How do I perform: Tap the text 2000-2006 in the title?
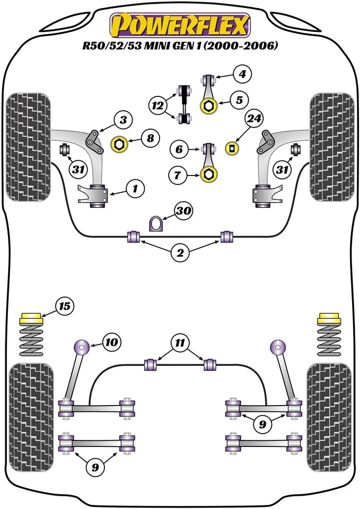pyautogui.click(x=250, y=46)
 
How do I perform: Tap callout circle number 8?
pyautogui.click(x=151, y=139)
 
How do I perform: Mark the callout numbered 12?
pyautogui.click(x=157, y=106)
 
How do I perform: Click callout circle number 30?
pyautogui.click(x=183, y=211)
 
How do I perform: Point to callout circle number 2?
pyautogui.click(x=180, y=253)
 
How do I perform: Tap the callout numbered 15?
pyautogui.click(x=65, y=306)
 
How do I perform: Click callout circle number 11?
pyautogui.click(x=180, y=343)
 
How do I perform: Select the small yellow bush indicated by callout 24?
pyautogui.click(x=232, y=147)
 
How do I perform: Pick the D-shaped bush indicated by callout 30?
pyautogui.click(x=156, y=224)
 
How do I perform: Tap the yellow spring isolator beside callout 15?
pyautogui.click(x=31, y=320)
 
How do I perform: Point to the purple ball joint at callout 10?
pyautogui.click(x=82, y=347)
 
